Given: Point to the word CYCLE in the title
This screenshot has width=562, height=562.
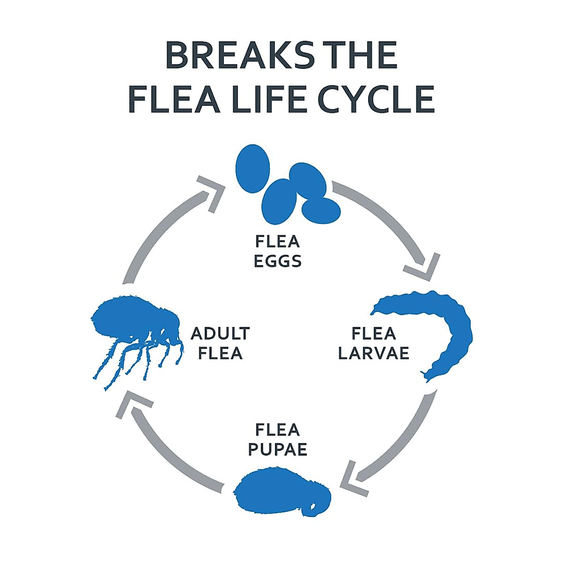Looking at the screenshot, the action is [x=377, y=99].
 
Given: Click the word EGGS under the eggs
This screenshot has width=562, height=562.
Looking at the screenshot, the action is [x=278, y=261].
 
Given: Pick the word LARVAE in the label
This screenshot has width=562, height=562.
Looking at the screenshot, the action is [x=374, y=353].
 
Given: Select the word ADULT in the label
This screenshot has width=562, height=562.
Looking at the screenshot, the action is [x=220, y=333].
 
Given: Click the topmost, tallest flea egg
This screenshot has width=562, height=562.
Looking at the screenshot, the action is [x=252, y=169].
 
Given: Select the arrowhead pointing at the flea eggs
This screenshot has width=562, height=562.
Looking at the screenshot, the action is [x=211, y=194].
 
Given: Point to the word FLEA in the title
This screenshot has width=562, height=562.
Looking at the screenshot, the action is [x=174, y=99].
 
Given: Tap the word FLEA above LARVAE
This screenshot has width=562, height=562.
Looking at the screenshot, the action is [x=374, y=333].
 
